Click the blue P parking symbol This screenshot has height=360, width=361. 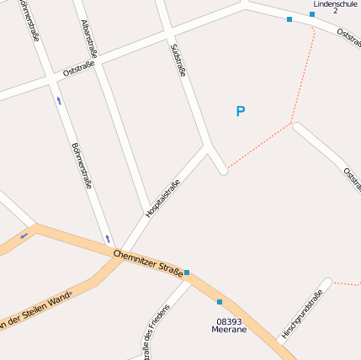241,111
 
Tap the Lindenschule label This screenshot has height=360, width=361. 336,4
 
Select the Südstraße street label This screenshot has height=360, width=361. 178,61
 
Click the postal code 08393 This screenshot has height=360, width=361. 229,321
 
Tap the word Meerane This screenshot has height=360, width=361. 229,330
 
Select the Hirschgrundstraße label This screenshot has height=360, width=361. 302,315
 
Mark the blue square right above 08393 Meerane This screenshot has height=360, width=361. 220,302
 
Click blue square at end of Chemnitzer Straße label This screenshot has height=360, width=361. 187,273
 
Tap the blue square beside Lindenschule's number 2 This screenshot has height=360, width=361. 312,14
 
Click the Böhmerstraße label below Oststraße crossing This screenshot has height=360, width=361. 82,164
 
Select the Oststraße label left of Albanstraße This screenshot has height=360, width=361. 78,67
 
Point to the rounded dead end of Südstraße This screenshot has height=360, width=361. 223,171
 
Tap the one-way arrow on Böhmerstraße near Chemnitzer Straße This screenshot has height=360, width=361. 108,238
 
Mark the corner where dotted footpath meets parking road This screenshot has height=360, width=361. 292,124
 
